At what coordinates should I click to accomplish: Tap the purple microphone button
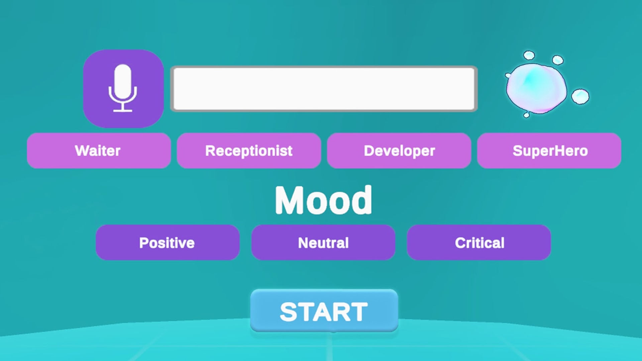pos(123,89)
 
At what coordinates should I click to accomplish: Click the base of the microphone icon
pos(123,110)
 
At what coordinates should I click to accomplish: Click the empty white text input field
pos(324,89)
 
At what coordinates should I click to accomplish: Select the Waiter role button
pos(99,151)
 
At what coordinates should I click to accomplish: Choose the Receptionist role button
pos(249,151)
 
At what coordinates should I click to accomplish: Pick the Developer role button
pos(399,151)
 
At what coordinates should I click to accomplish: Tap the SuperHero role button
pos(549,151)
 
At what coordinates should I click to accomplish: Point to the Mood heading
pos(323,200)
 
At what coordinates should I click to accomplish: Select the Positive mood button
pos(168,242)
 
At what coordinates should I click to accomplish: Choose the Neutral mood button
pos(323,242)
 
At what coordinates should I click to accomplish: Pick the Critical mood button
pos(479,242)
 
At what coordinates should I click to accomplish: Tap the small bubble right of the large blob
pos(580,96)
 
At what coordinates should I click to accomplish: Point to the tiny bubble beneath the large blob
pos(526,115)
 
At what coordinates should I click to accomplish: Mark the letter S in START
pos(289,312)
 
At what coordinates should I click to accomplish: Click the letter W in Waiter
pos(82,151)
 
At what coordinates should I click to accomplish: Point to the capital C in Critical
pos(460,243)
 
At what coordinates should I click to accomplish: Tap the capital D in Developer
pos(369,151)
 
